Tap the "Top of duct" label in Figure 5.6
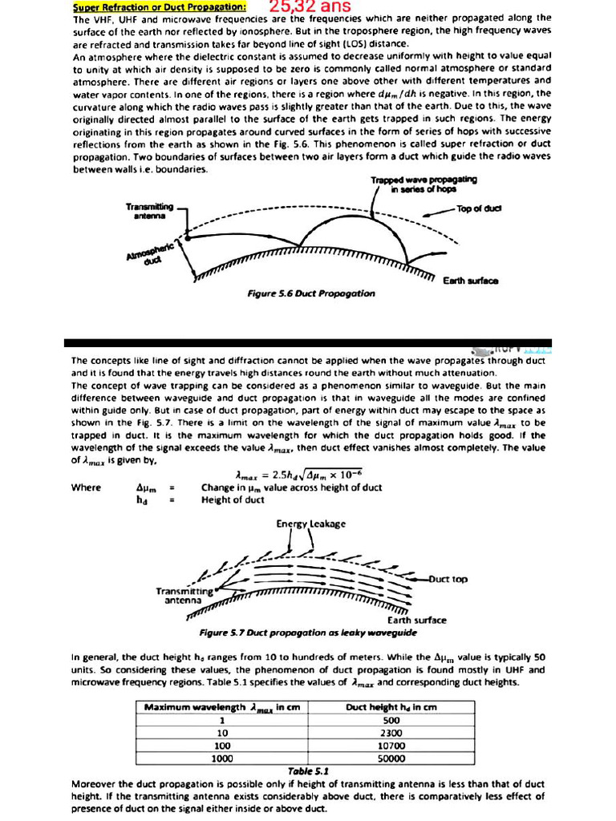tap(479, 208)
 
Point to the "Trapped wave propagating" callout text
tap(423, 184)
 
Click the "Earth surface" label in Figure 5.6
tap(471, 281)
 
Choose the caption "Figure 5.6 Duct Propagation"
tap(311, 293)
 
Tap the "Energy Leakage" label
tap(311, 524)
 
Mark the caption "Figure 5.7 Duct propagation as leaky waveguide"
tap(308, 633)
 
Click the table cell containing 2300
tap(391, 733)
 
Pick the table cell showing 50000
tap(391, 758)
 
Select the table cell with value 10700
tap(391, 746)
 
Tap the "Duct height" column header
tap(391, 707)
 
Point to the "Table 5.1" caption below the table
tap(308, 770)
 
